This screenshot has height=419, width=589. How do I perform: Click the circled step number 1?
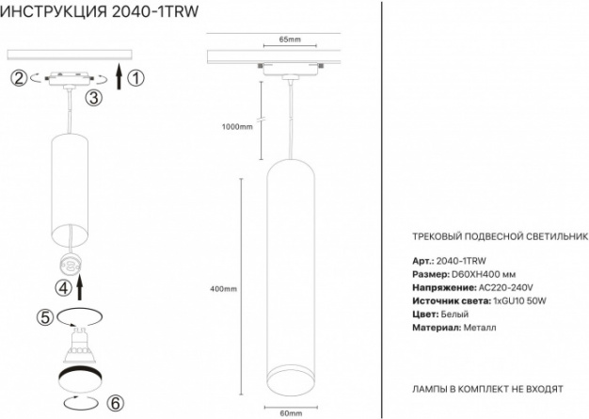click(136, 78)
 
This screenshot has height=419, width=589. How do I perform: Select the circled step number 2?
click(19, 78)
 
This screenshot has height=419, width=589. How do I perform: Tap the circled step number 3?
click(93, 98)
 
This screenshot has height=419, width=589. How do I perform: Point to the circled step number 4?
click(63, 288)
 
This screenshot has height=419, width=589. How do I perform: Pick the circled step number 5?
click(45, 317)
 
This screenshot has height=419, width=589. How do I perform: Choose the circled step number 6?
click(115, 403)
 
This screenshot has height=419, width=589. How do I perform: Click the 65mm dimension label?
click(290, 40)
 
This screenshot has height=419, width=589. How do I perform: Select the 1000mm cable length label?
click(237, 126)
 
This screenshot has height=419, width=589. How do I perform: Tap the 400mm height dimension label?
click(224, 289)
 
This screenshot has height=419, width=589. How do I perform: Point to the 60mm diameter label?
click(291, 413)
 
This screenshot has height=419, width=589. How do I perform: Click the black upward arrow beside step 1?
click(119, 76)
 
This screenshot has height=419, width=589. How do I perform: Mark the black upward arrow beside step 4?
click(80, 287)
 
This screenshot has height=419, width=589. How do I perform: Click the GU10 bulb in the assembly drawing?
click(79, 345)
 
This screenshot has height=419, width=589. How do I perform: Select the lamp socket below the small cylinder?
click(70, 266)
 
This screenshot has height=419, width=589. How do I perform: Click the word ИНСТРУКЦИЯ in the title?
click(54, 11)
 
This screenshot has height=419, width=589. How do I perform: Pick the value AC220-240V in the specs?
click(505, 288)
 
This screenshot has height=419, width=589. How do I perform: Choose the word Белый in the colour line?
click(454, 314)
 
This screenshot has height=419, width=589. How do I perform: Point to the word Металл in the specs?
click(480, 328)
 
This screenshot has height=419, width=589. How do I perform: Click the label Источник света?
click(452, 301)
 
